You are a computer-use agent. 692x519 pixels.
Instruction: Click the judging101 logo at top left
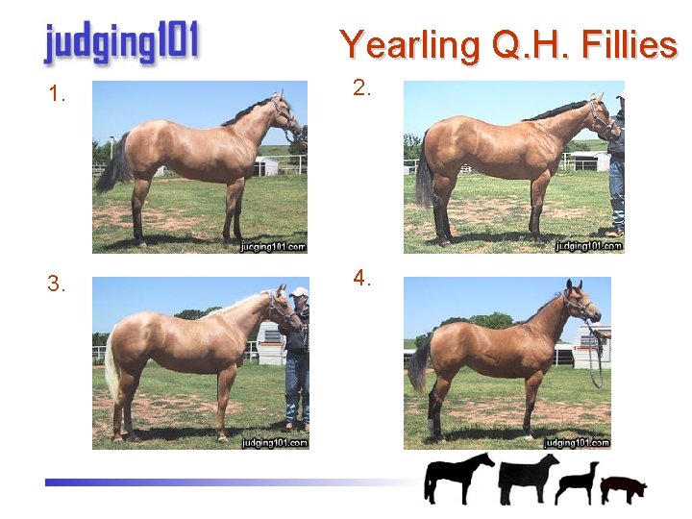click(x=121, y=42)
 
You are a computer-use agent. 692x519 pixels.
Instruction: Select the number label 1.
click(x=58, y=94)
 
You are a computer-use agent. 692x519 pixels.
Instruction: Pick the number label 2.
click(x=362, y=88)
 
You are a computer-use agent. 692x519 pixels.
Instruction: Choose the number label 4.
click(x=362, y=279)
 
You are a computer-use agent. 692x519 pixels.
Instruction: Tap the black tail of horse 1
click(x=115, y=169)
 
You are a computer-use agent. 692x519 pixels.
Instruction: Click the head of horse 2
click(x=601, y=116)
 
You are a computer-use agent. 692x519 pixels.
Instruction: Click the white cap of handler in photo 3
click(x=300, y=291)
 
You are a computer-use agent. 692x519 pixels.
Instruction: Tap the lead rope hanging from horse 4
click(x=597, y=356)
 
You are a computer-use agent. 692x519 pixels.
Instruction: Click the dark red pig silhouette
click(x=623, y=488)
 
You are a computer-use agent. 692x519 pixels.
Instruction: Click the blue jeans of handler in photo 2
click(x=616, y=192)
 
